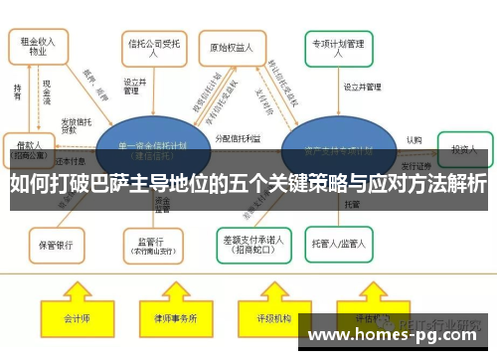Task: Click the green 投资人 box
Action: pyautogui.click(x=465, y=148)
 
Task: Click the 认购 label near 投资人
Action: pyautogui.click(x=414, y=140)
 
